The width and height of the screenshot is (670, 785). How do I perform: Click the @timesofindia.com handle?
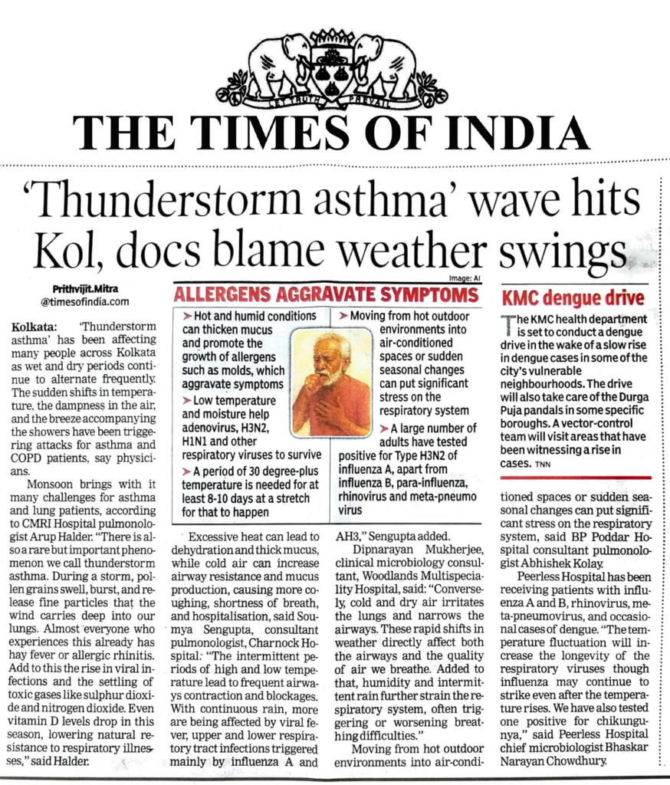point(84,302)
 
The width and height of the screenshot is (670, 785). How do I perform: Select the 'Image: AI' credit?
point(459,281)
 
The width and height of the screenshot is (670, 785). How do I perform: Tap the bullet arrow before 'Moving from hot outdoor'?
point(343,316)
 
